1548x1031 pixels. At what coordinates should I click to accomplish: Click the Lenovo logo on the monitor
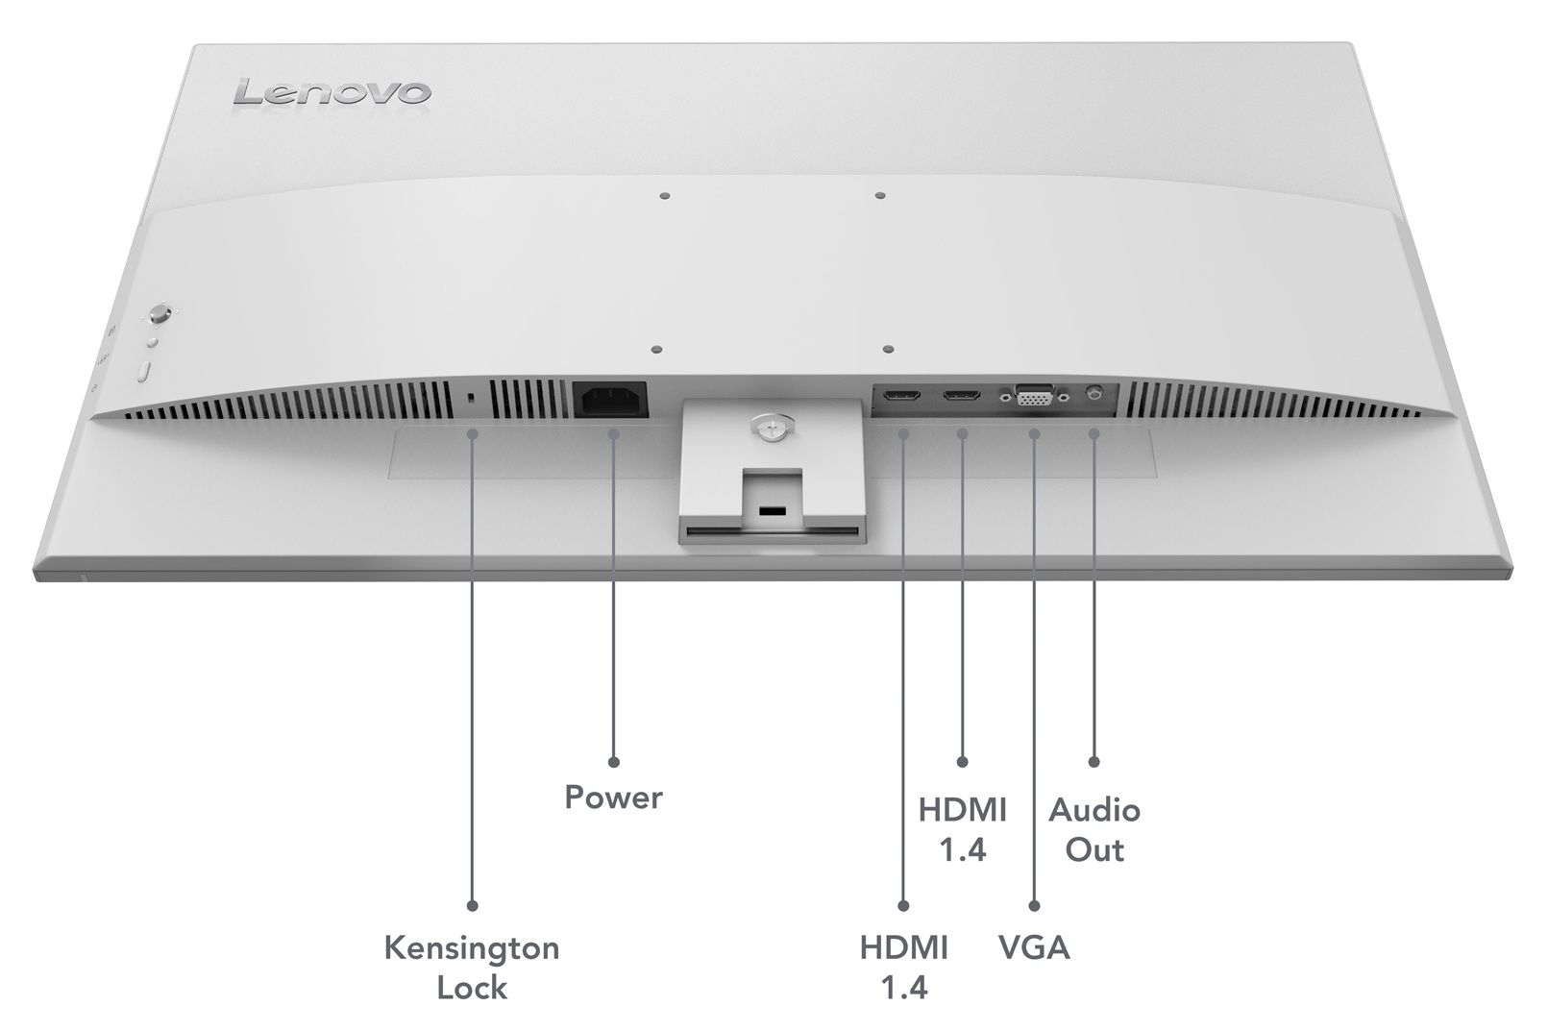click(332, 93)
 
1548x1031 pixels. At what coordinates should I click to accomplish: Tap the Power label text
click(613, 798)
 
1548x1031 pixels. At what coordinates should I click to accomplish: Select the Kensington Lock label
click(471, 967)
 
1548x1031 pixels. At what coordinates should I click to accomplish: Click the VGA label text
click(1034, 948)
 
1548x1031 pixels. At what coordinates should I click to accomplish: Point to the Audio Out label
click(1093, 829)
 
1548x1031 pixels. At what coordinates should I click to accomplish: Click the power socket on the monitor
click(610, 399)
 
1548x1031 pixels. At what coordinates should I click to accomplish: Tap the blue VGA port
click(1034, 395)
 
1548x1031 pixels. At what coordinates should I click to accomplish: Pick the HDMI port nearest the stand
click(902, 396)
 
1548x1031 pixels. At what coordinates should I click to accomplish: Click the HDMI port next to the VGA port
click(961, 395)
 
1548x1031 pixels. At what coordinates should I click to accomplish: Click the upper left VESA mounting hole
click(665, 196)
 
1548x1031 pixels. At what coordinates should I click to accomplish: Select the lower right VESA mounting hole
click(888, 350)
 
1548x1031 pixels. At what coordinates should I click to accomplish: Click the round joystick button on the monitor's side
click(160, 314)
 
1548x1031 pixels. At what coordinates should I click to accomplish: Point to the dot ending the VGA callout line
click(1034, 905)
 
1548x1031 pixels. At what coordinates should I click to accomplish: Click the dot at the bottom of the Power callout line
click(614, 762)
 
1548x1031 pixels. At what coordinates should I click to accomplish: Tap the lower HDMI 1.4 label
click(903, 967)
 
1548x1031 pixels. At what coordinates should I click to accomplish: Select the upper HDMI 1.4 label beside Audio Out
click(962, 829)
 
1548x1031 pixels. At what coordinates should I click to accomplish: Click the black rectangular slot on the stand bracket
click(771, 510)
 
